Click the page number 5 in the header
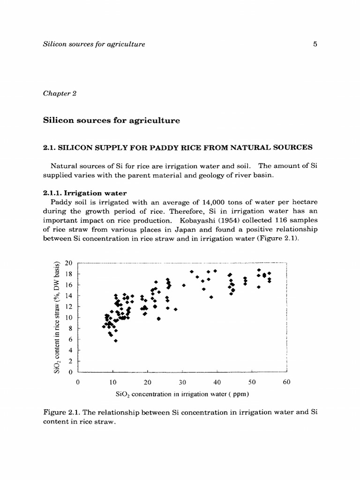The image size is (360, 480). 315,45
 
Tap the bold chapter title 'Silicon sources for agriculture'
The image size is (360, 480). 111,120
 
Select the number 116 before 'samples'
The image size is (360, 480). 279,220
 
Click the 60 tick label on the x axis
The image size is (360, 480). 287,382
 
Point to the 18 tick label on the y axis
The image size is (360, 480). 69,274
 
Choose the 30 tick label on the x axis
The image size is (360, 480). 182,382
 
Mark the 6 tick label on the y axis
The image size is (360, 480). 71,339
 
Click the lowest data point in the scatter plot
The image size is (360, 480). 116,341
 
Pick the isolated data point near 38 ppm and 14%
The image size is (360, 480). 211,297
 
